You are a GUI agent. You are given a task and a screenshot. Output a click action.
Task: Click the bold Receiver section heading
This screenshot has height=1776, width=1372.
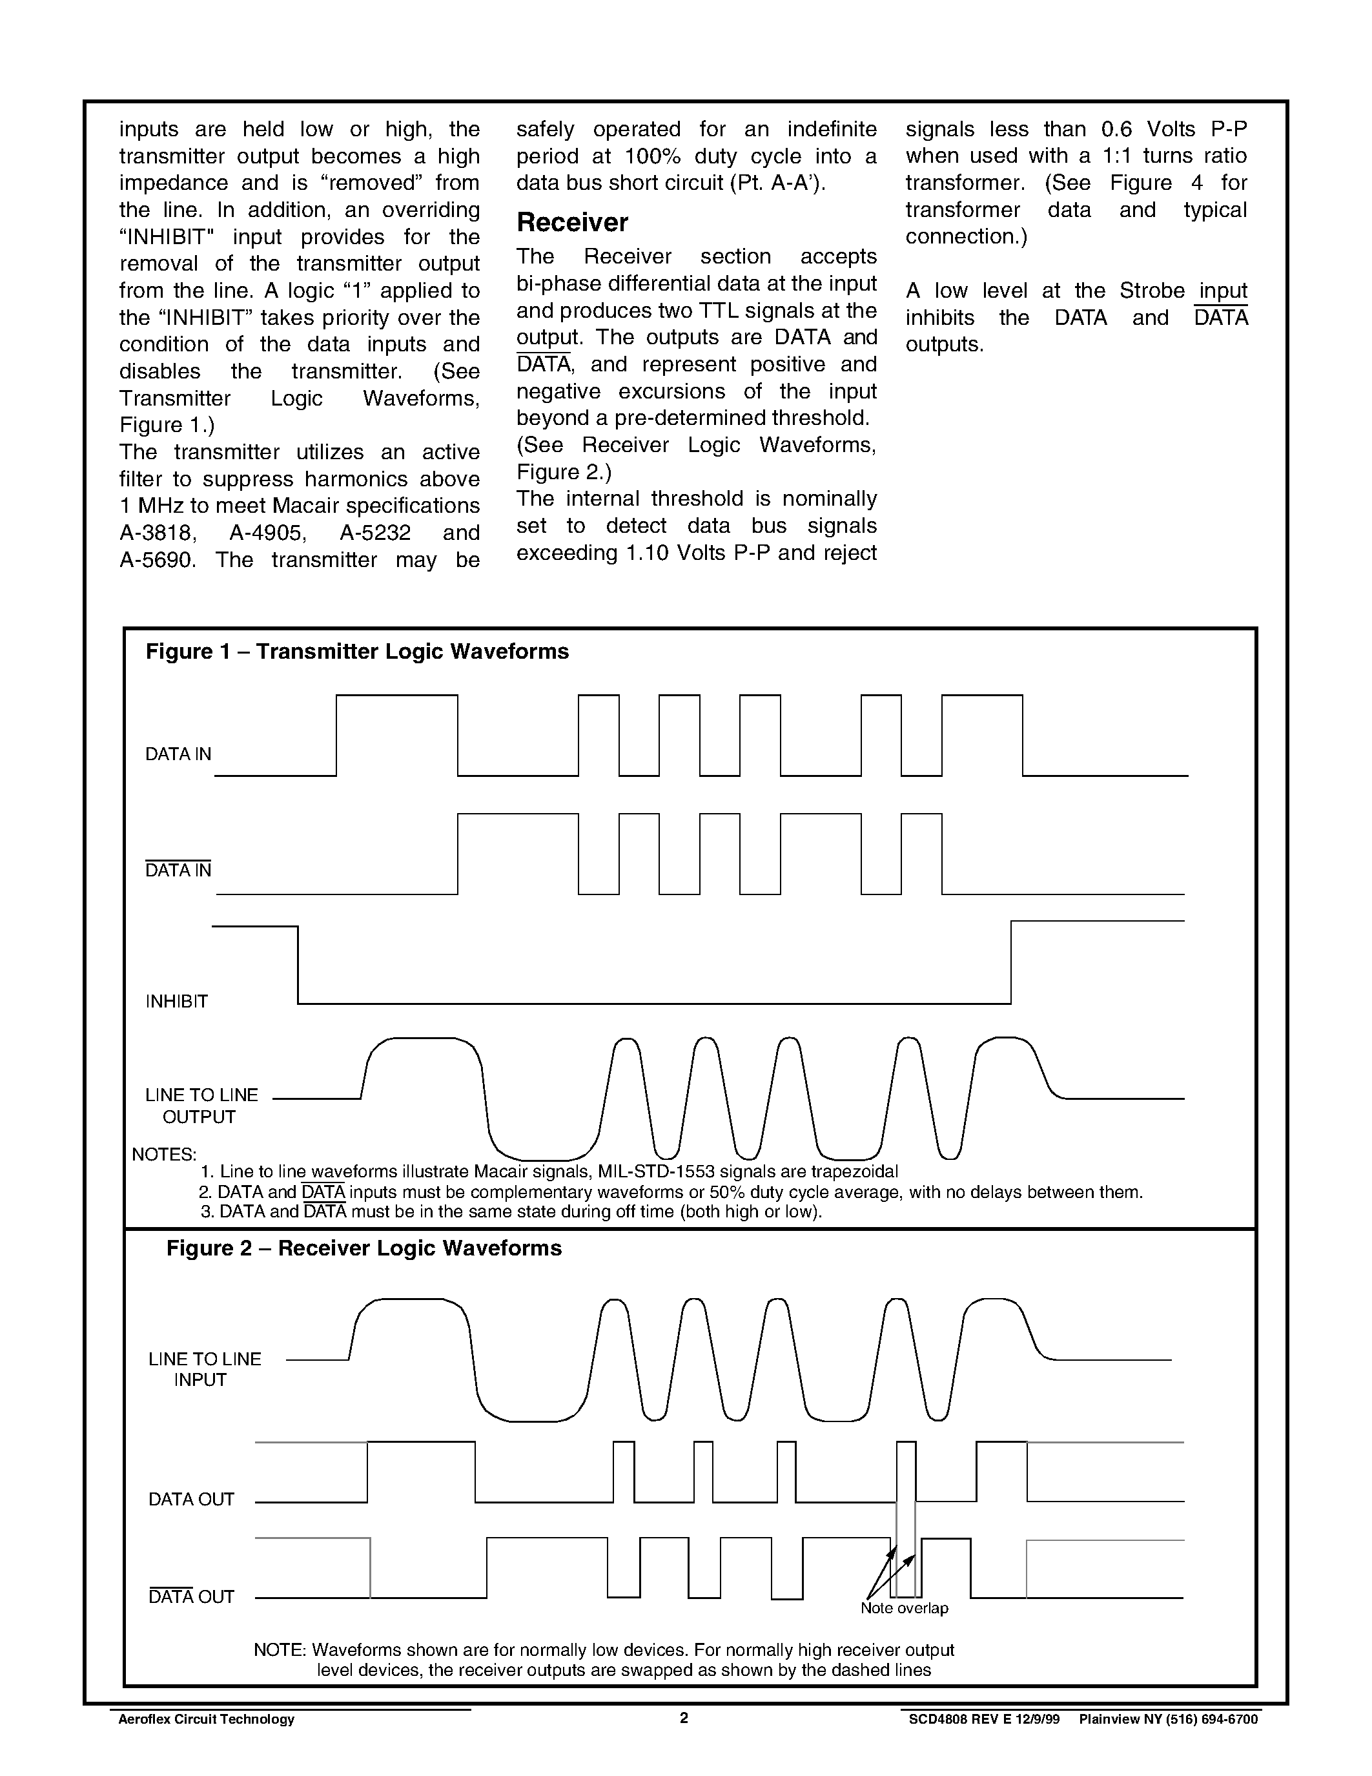(572, 223)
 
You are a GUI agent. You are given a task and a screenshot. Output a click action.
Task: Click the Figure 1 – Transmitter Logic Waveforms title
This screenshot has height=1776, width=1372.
(357, 652)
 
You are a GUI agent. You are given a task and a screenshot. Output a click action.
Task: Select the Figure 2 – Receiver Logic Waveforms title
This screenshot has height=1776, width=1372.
(363, 1248)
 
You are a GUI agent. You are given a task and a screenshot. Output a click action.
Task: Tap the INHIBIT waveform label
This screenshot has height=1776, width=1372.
(176, 1001)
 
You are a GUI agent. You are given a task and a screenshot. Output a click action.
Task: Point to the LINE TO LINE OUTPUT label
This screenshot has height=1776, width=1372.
(201, 1106)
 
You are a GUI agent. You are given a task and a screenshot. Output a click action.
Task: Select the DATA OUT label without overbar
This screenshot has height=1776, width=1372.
(191, 1499)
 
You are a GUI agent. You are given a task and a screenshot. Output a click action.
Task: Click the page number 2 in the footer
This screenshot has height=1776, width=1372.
(684, 1717)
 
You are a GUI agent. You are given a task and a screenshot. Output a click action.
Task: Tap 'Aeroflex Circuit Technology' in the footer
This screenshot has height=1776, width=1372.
(207, 1719)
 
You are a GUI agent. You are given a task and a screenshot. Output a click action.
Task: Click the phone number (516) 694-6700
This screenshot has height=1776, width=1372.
(1213, 1719)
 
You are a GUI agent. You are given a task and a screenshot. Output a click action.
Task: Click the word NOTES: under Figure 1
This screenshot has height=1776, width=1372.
(164, 1154)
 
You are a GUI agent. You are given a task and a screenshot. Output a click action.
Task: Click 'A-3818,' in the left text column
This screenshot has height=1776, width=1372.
(158, 533)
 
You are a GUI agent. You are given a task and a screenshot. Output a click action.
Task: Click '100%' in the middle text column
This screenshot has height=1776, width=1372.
(652, 156)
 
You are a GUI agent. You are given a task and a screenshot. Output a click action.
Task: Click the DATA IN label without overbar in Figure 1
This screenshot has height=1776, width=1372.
(178, 754)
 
